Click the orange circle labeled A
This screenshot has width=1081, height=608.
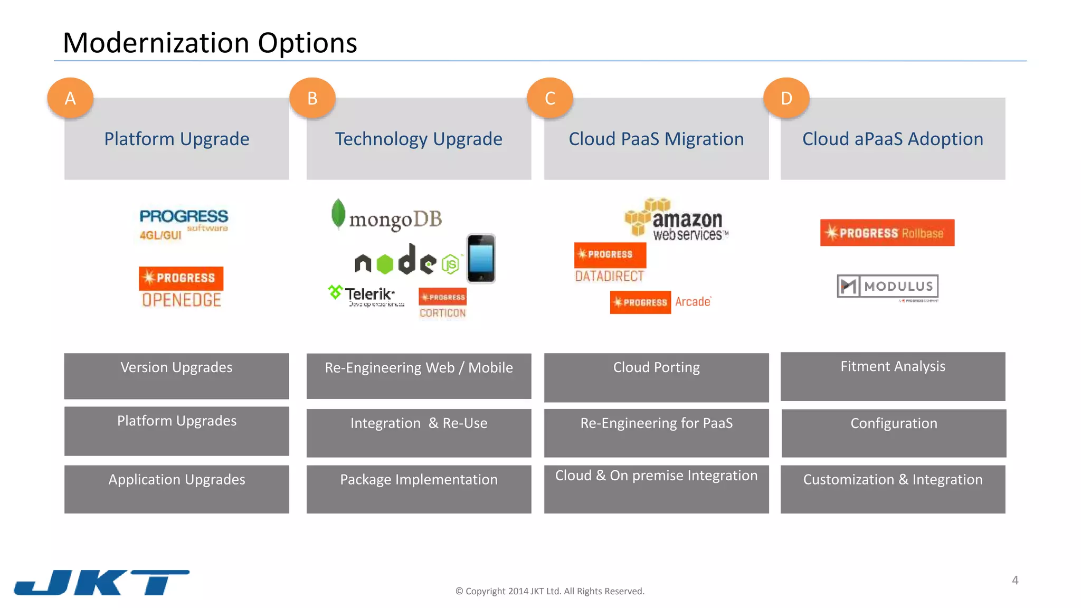click(x=70, y=98)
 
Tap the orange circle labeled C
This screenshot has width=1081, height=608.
click(x=550, y=98)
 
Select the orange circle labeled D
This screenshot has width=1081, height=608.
click(x=786, y=98)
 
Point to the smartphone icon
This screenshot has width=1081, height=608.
click(x=481, y=259)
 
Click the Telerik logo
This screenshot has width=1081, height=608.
click(x=366, y=296)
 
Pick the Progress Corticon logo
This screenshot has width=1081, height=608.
click(x=442, y=303)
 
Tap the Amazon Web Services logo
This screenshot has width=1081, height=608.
click(x=676, y=220)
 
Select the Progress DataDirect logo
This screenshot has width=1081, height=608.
click(x=610, y=263)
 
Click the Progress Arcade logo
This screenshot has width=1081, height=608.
click(x=660, y=302)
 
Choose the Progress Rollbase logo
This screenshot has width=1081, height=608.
click(x=887, y=233)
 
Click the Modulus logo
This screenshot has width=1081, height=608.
click(x=888, y=287)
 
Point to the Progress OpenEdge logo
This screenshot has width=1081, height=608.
click(x=181, y=288)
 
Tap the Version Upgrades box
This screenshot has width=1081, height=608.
click(x=176, y=376)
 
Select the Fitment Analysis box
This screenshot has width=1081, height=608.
click(x=893, y=376)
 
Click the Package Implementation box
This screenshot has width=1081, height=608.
click(x=419, y=489)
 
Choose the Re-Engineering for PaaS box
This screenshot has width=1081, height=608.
click(x=656, y=433)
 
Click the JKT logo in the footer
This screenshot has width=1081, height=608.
click(x=101, y=582)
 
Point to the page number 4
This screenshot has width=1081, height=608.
click(x=1015, y=581)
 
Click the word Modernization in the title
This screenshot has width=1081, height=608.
click(x=156, y=43)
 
